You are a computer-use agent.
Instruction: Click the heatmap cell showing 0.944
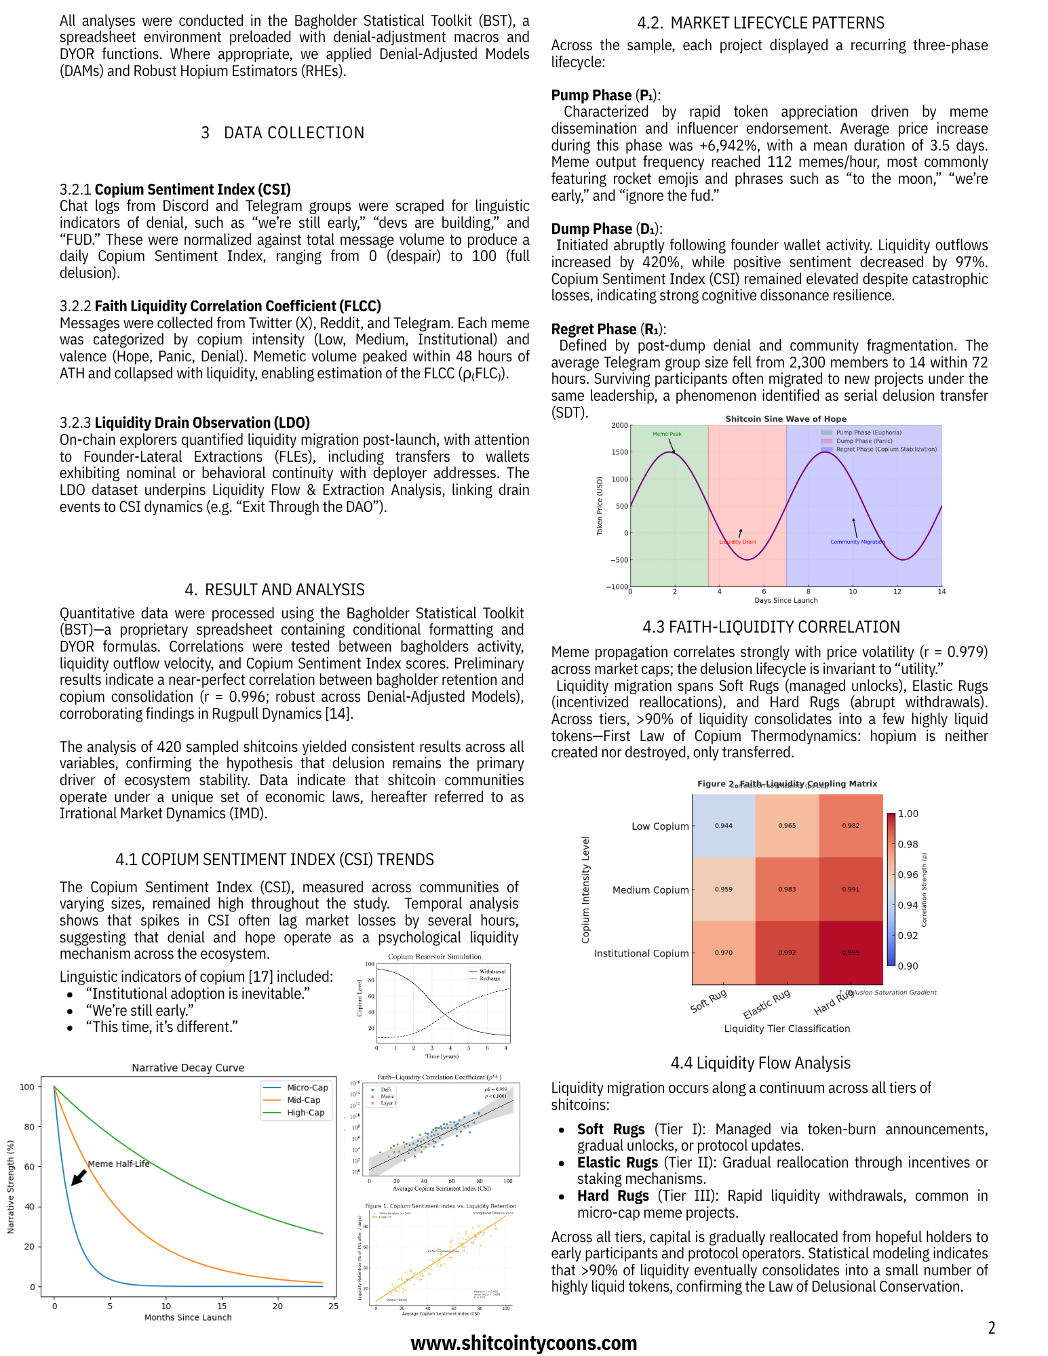(x=723, y=826)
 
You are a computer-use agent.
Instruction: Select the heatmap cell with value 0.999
(x=851, y=953)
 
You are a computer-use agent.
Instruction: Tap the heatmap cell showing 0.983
(x=787, y=889)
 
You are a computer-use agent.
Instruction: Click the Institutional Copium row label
(x=641, y=953)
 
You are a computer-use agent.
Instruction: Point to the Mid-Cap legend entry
(x=303, y=1100)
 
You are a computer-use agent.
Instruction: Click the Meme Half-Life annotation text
(x=119, y=1163)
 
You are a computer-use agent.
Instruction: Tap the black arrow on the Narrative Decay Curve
(x=79, y=1177)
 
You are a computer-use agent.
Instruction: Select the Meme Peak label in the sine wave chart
(x=667, y=434)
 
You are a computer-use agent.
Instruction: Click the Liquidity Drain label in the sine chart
(x=737, y=542)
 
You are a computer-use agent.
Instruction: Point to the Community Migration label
(x=857, y=542)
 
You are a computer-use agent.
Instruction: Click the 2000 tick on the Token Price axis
(x=619, y=426)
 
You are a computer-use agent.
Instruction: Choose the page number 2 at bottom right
(x=991, y=1328)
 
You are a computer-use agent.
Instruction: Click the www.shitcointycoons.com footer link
(x=524, y=1343)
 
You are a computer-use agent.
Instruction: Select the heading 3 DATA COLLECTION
(x=283, y=133)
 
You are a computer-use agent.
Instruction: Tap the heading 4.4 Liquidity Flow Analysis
(x=760, y=1062)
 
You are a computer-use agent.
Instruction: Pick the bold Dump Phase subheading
(x=591, y=228)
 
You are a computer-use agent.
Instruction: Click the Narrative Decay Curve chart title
(x=188, y=1067)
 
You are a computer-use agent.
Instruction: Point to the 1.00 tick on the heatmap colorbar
(x=908, y=814)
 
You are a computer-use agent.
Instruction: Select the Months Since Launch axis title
(x=188, y=1317)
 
